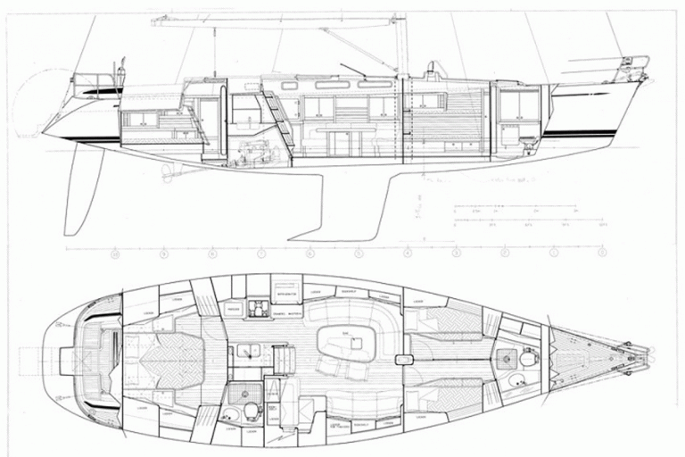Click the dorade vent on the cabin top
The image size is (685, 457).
click(x=434, y=70)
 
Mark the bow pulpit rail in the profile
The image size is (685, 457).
click(x=635, y=64)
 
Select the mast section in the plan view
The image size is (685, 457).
click(x=402, y=359)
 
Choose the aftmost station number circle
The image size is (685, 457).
click(x=115, y=255)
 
